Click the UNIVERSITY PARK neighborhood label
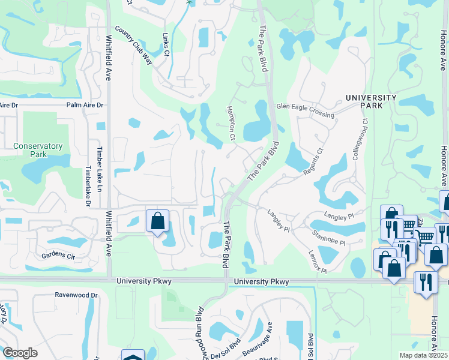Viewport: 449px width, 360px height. [x=370, y=101]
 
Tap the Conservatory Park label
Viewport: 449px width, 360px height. [x=38, y=149]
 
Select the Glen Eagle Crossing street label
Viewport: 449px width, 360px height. [x=304, y=106]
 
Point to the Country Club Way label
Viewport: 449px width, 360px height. [x=133, y=42]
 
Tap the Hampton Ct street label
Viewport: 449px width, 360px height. [x=230, y=123]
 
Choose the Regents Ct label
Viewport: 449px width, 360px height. [x=313, y=162]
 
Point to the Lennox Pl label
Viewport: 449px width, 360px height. [x=318, y=262]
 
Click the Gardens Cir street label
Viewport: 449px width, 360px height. [x=58, y=256]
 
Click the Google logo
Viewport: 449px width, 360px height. [x=20, y=352]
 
